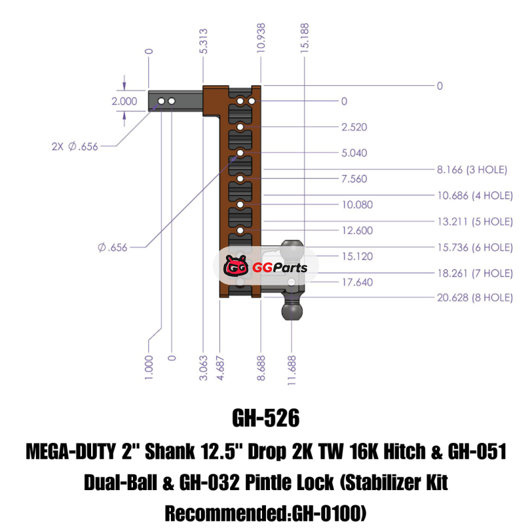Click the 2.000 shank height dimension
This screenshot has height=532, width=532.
click(124, 102)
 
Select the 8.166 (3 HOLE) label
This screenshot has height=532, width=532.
click(471, 170)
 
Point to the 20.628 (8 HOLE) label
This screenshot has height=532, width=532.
click(475, 298)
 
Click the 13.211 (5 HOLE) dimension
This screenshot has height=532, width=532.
click(475, 221)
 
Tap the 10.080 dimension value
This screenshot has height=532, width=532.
click(357, 205)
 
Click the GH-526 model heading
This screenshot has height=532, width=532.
click(266, 418)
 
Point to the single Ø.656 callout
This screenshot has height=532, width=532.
click(112, 247)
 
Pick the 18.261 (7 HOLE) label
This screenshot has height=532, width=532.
click(475, 273)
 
